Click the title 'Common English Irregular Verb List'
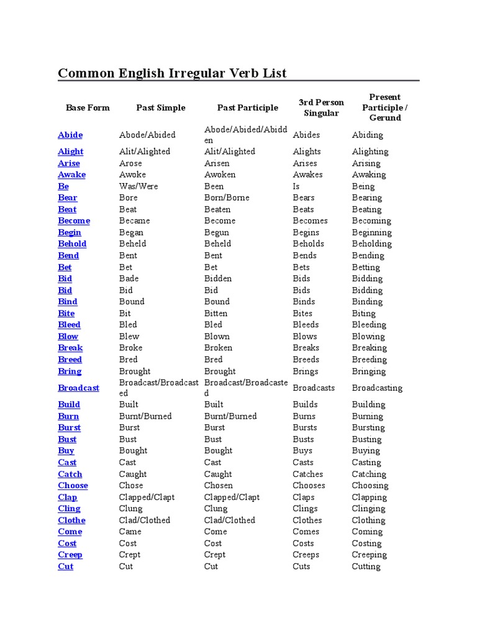coord(172,73)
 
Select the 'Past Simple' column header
coord(161,107)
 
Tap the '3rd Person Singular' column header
coord(321,107)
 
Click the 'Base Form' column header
coord(88,107)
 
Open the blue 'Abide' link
coord(70,135)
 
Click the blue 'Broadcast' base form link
coord(78,388)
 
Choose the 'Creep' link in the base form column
coord(70,555)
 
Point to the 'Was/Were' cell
coord(139,186)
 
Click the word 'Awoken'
coord(220,175)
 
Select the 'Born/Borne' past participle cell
coord(227,198)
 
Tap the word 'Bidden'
coord(218,279)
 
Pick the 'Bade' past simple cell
coord(129,279)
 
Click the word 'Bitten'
coord(216,314)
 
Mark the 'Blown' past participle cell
coord(216,337)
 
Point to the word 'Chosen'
coord(219,486)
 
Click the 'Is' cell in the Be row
coord(296,186)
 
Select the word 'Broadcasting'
coord(377,388)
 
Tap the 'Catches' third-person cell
coord(308,474)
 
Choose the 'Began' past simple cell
coord(131,232)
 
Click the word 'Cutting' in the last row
coord(366,566)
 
